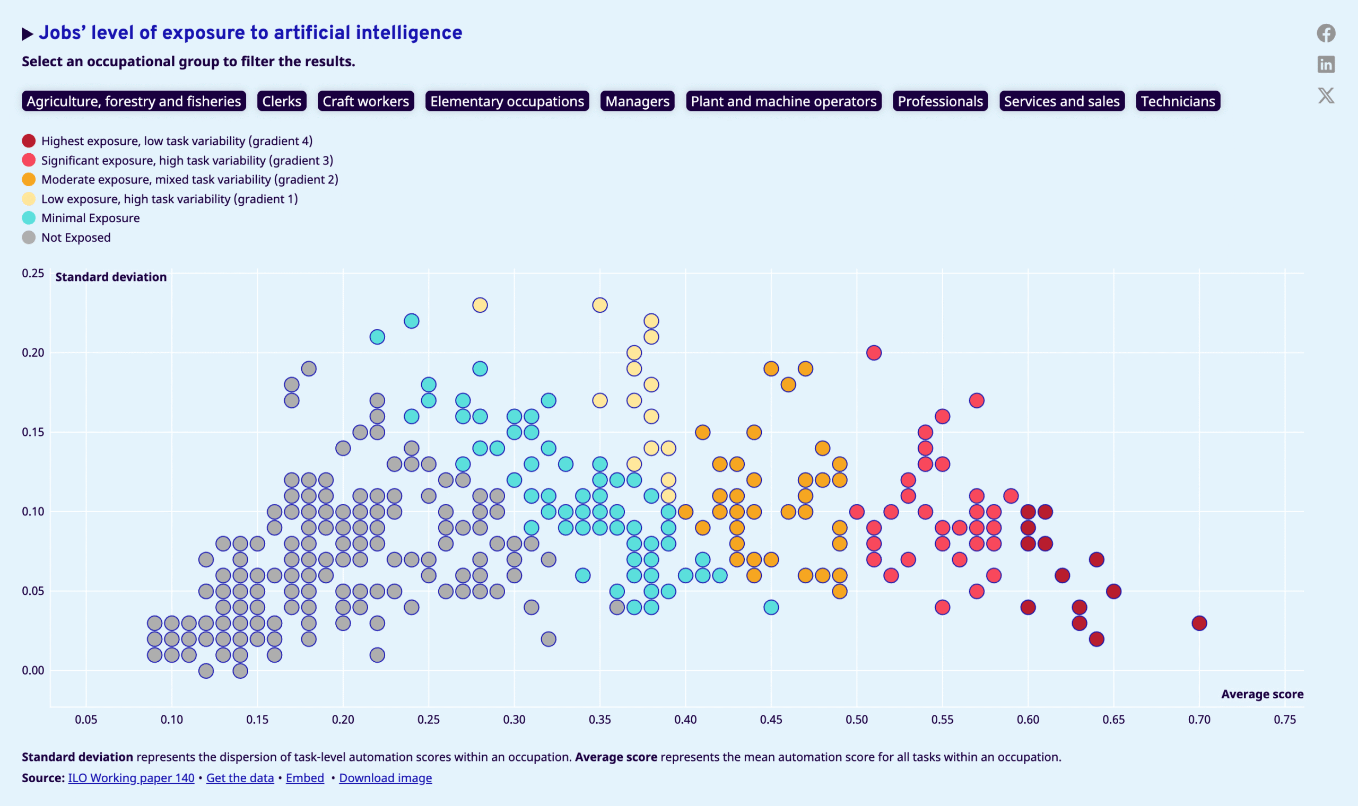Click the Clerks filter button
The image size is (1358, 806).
281,101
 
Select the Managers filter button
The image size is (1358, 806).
637,101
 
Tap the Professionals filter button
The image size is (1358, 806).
941,101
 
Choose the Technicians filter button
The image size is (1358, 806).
1178,101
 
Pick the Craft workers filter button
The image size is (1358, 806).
365,101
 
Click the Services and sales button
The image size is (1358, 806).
1062,101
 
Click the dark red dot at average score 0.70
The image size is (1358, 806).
1199,623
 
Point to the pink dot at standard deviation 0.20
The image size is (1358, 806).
874,353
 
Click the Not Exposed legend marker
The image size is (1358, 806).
29,238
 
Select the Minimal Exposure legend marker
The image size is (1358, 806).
29,218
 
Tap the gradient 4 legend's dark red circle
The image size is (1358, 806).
29,141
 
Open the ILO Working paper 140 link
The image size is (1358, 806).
131,778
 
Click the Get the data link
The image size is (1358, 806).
240,778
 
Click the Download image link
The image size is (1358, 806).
386,778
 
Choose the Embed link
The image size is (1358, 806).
304,778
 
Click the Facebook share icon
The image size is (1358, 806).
1326,33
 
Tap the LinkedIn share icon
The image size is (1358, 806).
1326,65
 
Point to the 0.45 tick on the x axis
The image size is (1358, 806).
771,720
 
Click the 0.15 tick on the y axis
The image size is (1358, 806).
33,432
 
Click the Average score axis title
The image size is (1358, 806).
1263,694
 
